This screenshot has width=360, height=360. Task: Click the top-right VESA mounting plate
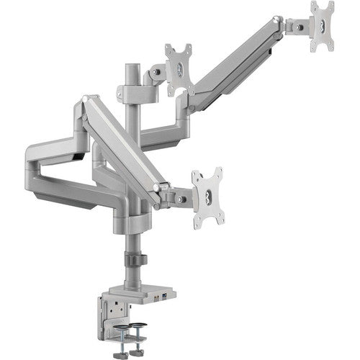[x=322, y=26]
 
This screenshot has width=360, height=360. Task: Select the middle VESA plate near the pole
[x=179, y=68]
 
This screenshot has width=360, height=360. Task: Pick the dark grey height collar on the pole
[x=133, y=260]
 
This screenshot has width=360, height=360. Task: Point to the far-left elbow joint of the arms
[x=32, y=155]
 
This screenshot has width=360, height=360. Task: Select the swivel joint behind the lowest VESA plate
[x=177, y=195]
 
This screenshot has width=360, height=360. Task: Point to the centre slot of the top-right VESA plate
[x=322, y=26]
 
